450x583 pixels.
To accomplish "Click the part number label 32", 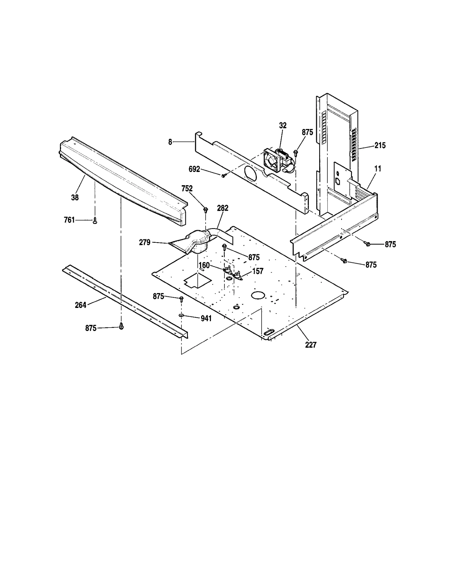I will (x=283, y=126).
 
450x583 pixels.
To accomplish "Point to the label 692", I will (x=194, y=169).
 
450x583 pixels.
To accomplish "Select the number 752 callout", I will (x=187, y=189).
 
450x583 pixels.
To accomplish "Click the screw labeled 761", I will (x=95, y=221).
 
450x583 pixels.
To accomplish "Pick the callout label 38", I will (x=75, y=198).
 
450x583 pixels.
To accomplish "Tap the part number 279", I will (x=145, y=242).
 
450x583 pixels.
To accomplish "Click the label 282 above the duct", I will (x=223, y=208).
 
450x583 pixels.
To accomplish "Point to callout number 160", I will (x=204, y=265).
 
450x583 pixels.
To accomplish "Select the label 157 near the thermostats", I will (x=258, y=271).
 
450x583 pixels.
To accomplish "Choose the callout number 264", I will (x=80, y=305).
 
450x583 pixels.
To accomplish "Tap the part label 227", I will (x=311, y=345).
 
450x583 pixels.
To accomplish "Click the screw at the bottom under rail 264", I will (x=121, y=326).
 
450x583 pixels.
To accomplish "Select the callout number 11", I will (x=378, y=169).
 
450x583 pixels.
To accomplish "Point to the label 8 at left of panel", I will (x=170, y=142).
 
